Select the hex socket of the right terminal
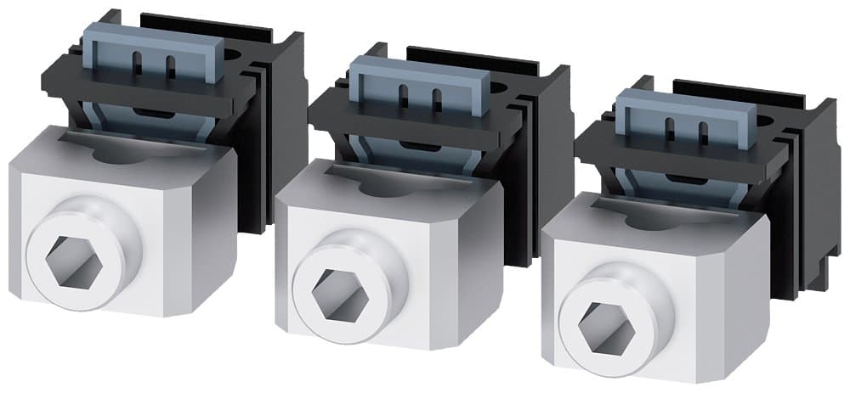599,319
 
